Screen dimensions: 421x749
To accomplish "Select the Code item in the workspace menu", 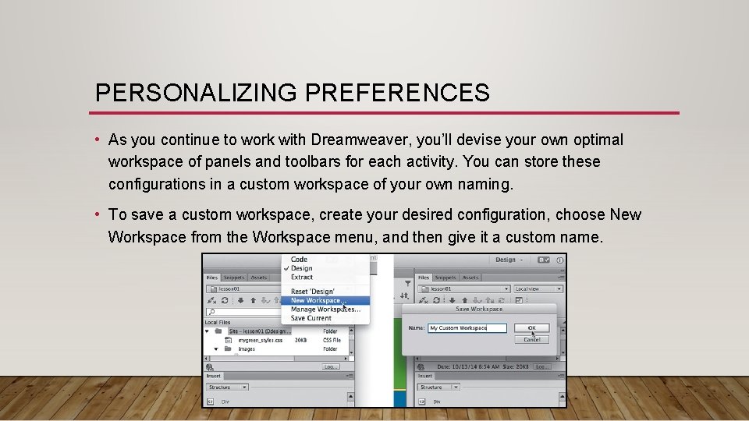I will pyautogui.click(x=299, y=260).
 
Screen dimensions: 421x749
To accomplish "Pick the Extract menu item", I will pyautogui.click(x=302, y=277).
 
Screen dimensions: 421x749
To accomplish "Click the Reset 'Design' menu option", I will pyautogui.click(x=312, y=292).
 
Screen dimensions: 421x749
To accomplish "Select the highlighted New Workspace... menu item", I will pyautogui.click(x=318, y=300).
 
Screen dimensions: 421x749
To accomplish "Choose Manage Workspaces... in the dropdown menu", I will pyautogui.click(x=325, y=310).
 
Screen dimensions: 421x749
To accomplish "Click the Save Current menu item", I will pyautogui.click(x=311, y=318).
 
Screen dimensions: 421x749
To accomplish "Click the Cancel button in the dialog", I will pyautogui.click(x=531, y=339).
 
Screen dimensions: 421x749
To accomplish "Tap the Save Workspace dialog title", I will pyautogui.click(x=479, y=310).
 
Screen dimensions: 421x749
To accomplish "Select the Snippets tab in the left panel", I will pyautogui.click(x=233, y=278).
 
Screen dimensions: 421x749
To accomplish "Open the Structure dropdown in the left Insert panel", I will pyautogui.click(x=226, y=387).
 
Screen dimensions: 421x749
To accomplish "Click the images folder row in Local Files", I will pyautogui.click(x=247, y=349).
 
